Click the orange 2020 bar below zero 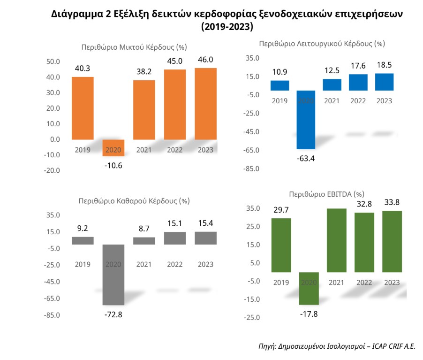click(113, 147)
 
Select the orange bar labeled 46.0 click(206, 104)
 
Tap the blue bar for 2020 click(306, 119)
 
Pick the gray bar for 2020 click(113, 275)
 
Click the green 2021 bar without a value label click(336, 240)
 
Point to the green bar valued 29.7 click(281, 245)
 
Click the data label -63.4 click(306, 158)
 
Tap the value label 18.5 click(385, 65)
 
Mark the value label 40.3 click(83, 68)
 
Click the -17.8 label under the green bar click(308, 314)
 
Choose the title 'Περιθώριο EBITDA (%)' click(326, 193)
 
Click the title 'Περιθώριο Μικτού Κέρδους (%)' click(135, 47)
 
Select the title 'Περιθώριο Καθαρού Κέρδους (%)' click(134, 201)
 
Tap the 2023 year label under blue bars click(385, 101)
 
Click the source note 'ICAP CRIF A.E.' click(393, 346)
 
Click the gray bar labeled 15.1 click(175, 238)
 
